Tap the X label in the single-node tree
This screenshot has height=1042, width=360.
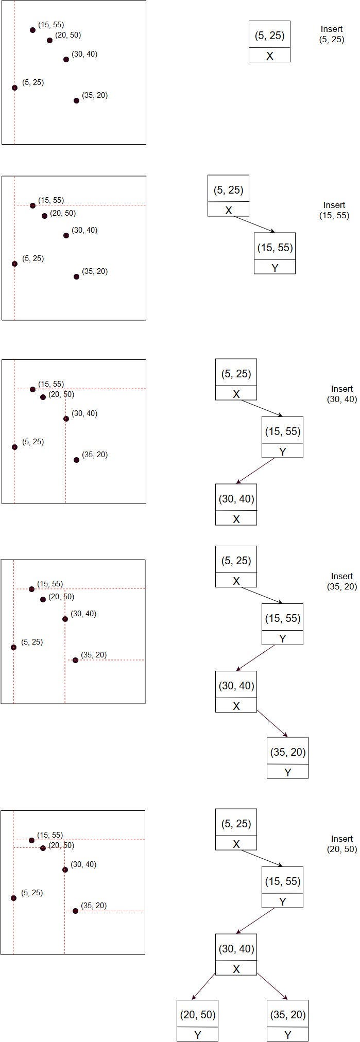click(269, 56)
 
